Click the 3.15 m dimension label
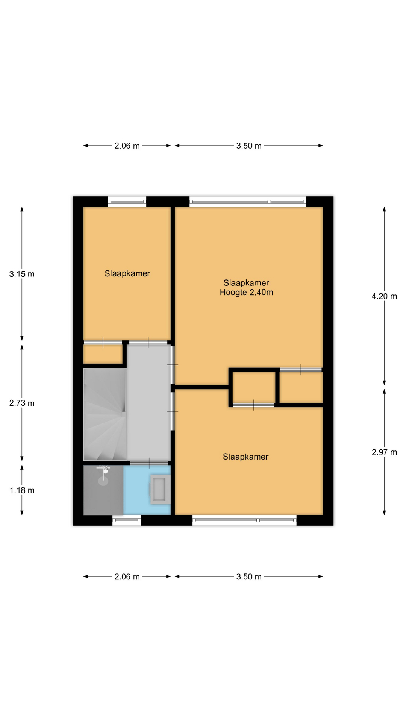click(22, 274)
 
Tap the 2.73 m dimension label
click(22, 403)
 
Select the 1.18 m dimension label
click(22, 490)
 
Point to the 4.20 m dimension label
click(384, 296)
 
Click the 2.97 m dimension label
click(384, 452)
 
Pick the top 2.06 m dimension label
click(127, 146)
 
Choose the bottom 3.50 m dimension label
click(249, 577)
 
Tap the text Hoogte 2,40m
click(246, 293)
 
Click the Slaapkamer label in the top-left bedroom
click(127, 274)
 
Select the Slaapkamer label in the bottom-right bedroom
click(245, 457)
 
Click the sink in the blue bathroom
click(160, 489)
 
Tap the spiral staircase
click(105, 414)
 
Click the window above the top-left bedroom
click(127, 202)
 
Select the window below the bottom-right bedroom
click(245, 520)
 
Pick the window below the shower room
click(127, 520)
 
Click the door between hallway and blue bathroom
click(150, 463)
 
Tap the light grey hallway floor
click(148, 402)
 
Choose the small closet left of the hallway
click(103, 354)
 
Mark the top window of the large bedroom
click(248, 202)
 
